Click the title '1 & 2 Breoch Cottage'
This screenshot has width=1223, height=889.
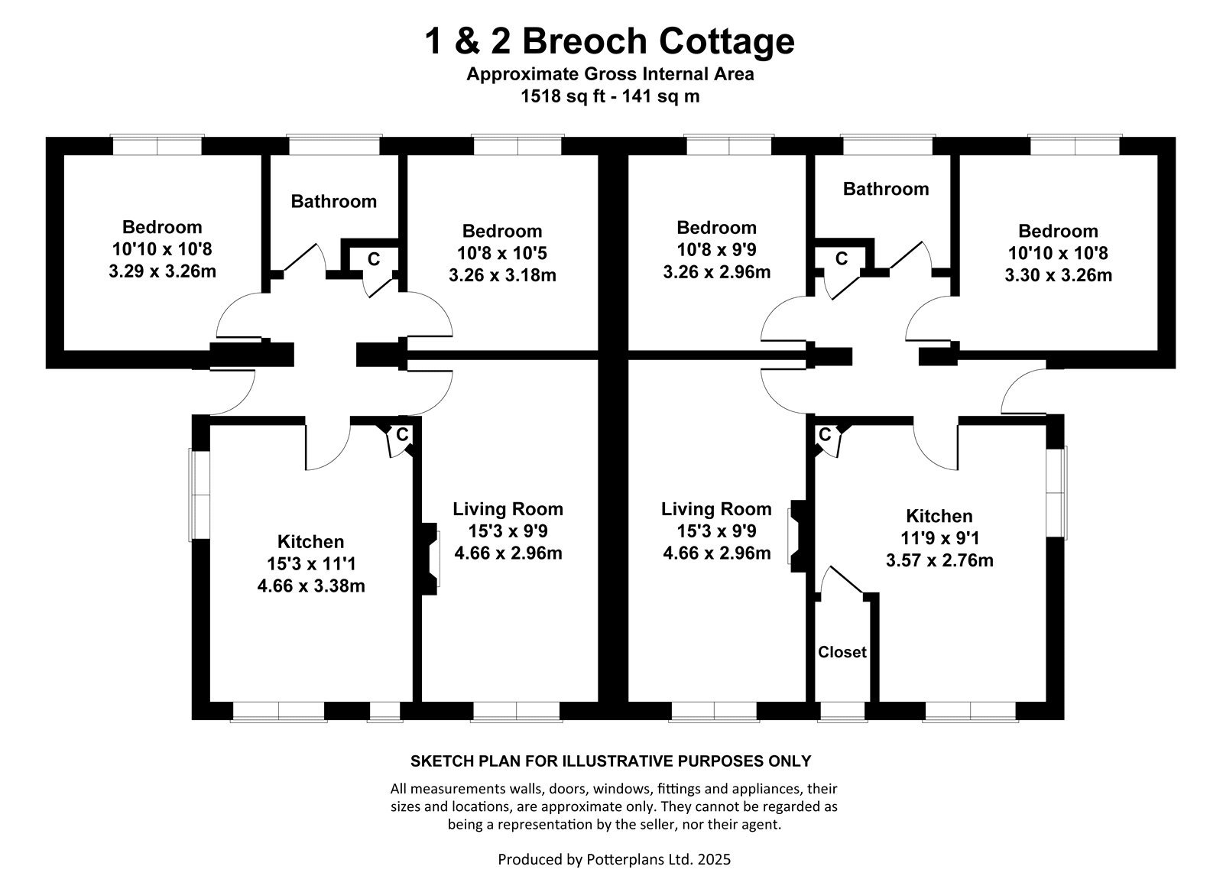coord(609,41)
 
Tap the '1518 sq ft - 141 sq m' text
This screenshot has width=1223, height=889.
coord(610,96)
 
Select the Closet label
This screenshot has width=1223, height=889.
coord(842,652)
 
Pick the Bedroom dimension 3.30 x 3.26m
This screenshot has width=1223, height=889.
coord(1058,275)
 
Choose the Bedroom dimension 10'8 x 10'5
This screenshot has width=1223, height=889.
coord(501,253)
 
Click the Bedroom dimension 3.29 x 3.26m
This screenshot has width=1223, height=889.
coord(162,271)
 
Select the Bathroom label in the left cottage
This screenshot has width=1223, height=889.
coord(333,202)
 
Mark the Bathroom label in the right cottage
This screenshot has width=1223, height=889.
coord(886,189)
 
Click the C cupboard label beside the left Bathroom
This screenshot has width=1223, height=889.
coord(374,259)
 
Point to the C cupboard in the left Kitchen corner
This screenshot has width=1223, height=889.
coord(402,435)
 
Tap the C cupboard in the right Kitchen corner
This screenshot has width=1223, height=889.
coord(825,435)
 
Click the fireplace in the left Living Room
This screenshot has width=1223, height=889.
coord(430,559)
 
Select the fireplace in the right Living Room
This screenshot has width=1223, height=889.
coord(797,536)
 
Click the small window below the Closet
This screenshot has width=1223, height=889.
coord(842,712)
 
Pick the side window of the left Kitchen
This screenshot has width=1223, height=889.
coord(200,495)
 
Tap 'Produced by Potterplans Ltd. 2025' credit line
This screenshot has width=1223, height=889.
coord(614,859)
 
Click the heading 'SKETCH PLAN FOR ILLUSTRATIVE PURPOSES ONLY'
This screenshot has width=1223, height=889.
coord(611,761)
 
